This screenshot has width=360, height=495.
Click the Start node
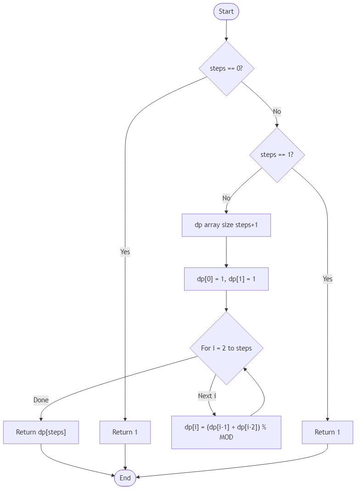pos(226,11)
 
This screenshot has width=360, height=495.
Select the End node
pos(125,478)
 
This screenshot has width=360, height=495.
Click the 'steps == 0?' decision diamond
pos(226,68)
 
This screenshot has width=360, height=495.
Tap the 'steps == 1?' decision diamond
pos(276,155)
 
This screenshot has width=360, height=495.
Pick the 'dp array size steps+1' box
pos(226,225)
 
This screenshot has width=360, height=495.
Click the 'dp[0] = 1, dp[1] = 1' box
pos(226,279)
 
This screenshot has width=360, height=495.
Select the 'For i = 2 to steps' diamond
pos(226,348)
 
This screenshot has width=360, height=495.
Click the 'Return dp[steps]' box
pos(41,432)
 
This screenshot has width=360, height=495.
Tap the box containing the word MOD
pos(226,432)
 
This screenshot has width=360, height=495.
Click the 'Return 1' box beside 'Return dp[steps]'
pos(125,432)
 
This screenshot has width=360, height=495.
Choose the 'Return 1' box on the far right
pos(327,432)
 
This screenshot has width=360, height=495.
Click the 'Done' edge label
pos(41,400)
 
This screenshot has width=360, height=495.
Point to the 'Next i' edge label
pos(207,395)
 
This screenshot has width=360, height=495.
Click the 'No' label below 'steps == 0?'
pos(276,111)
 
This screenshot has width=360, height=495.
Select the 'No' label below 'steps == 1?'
pos(226,198)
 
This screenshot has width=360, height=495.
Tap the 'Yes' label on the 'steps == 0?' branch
pos(125,252)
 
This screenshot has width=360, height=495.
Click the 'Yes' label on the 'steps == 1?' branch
pos(327,279)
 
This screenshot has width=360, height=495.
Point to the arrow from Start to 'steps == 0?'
pos(226,30)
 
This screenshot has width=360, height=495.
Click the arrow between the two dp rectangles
pos(226,252)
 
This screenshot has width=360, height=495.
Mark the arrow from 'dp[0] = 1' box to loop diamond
pos(226,301)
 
